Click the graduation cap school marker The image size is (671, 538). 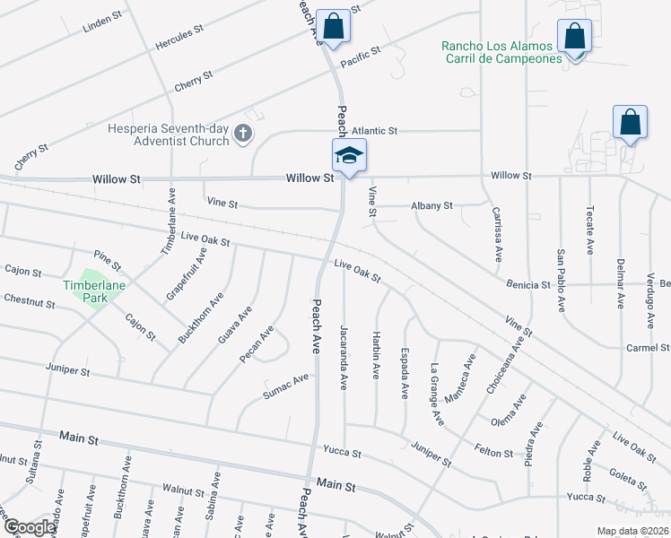[349, 156]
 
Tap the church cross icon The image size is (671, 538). [241, 134]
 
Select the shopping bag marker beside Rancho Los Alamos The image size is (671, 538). [574, 37]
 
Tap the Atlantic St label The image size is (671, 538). [374, 131]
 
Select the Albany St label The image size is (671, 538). [431, 206]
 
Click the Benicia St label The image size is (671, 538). [527, 285]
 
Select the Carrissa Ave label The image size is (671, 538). [497, 235]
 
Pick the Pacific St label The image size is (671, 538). [361, 59]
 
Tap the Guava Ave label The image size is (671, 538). [235, 325]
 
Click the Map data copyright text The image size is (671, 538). [632, 531]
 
